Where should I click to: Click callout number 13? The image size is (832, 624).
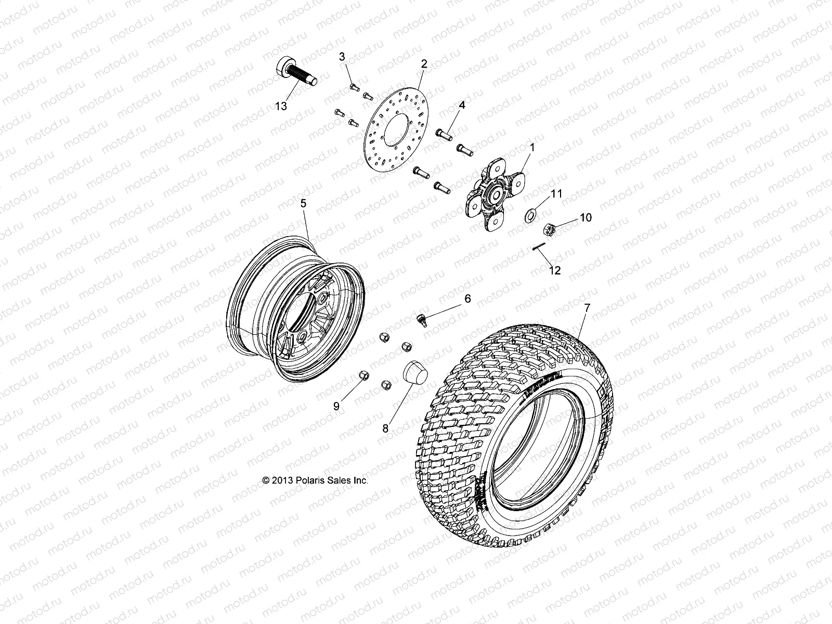click(x=281, y=107)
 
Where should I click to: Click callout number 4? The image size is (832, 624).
click(x=462, y=105)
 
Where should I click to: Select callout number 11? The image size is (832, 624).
click(x=556, y=194)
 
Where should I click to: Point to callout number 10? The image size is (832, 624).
click(x=586, y=217)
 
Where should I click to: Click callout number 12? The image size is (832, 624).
click(x=555, y=270)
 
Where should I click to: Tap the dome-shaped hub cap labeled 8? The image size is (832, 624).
click(x=415, y=373)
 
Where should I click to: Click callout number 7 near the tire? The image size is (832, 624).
click(x=587, y=308)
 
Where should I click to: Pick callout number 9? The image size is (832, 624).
click(x=336, y=407)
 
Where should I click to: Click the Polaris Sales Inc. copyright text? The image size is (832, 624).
click(x=316, y=480)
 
